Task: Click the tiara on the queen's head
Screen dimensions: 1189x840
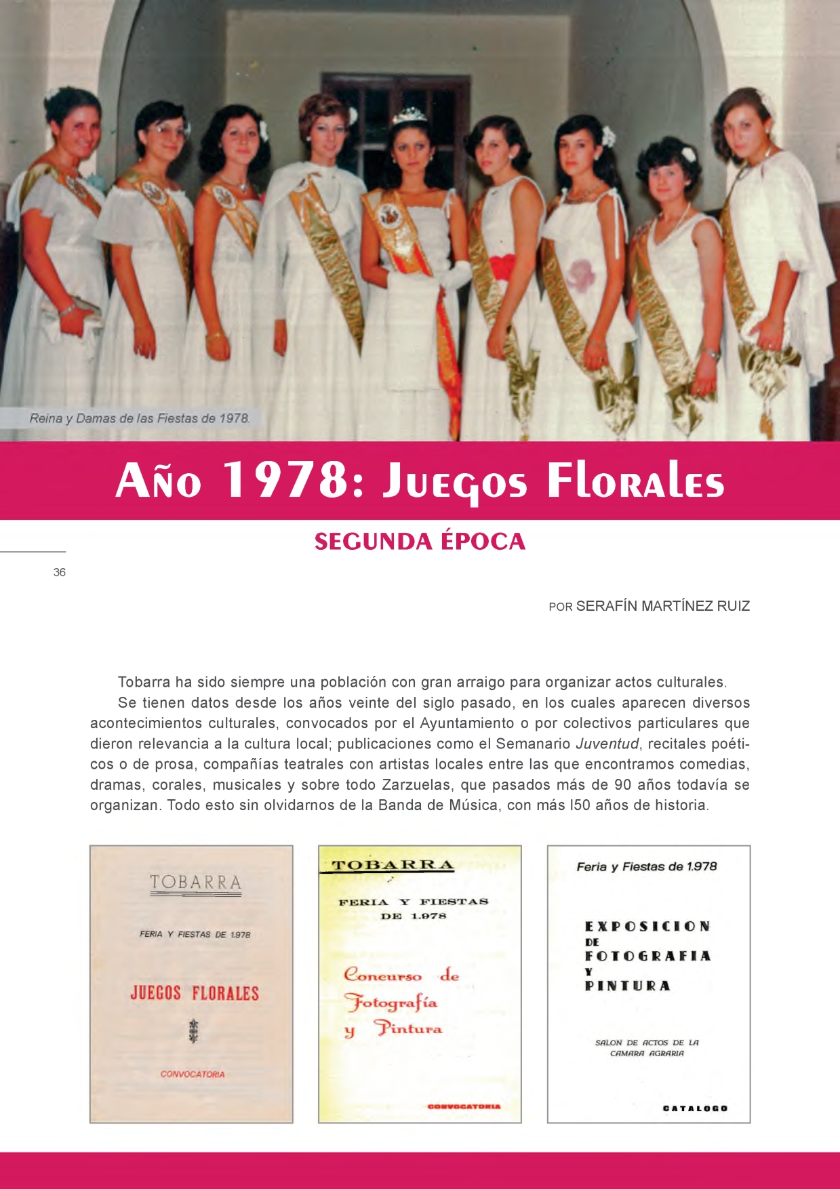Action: coord(409,115)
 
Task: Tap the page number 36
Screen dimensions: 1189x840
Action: coord(60,572)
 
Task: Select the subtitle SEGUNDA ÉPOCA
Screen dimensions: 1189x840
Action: coord(420,542)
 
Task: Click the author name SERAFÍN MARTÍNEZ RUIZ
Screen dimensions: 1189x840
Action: coord(662,606)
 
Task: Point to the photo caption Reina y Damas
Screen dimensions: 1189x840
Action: coord(139,418)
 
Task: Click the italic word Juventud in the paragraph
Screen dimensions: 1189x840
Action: coord(607,744)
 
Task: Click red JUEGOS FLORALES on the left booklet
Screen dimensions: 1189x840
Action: coord(195,994)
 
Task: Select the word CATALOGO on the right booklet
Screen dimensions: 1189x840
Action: coord(694,1108)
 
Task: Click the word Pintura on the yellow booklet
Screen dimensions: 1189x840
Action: coord(409,1028)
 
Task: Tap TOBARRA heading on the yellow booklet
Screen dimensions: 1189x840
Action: coord(392,866)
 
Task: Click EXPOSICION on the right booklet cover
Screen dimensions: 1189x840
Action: coord(647,927)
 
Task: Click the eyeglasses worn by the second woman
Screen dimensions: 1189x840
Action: coord(166,131)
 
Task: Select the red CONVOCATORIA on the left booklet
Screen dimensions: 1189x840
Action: coord(193,1074)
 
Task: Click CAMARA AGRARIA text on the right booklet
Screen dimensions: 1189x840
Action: coord(647,1053)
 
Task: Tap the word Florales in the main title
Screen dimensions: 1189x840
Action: coord(635,481)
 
